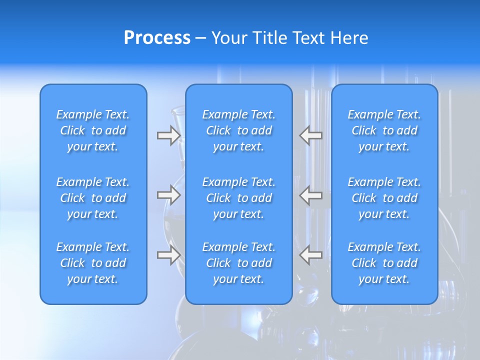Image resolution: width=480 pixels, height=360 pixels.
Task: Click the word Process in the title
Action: [x=157, y=38]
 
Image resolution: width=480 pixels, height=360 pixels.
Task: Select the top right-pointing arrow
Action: [x=168, y=135]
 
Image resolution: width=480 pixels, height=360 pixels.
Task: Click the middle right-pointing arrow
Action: [x=168, y=195]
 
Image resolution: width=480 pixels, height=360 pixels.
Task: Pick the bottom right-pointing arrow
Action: [x=168, y=255]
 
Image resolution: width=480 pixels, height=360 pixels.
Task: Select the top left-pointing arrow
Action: [x=310, y=135]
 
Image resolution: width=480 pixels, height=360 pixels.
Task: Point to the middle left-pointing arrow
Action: [x=310, y=195]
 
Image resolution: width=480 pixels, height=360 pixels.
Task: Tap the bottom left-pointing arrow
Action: [x=310, y=255]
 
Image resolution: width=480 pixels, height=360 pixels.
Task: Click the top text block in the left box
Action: [x=93, y=130]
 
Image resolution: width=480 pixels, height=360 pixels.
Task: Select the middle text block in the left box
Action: [x=93, y=198]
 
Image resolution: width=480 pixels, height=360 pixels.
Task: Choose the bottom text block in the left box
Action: [x=93, y=263]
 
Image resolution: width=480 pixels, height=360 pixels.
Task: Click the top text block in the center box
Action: [x=238, y=130]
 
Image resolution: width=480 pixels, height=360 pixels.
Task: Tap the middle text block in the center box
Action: [x=238, y=198]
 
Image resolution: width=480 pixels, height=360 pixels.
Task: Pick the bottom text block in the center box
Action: [x=238, y=263]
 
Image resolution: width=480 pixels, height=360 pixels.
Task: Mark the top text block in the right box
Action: [x=384, y=130]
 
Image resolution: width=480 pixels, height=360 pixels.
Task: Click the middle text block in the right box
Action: [x=384, y=198]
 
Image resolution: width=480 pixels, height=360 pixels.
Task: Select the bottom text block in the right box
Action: [x=384, y=263]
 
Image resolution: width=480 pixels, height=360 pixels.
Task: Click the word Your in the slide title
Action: [x=229, y=38]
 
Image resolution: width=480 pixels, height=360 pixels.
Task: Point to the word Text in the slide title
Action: [x=308, y=38]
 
